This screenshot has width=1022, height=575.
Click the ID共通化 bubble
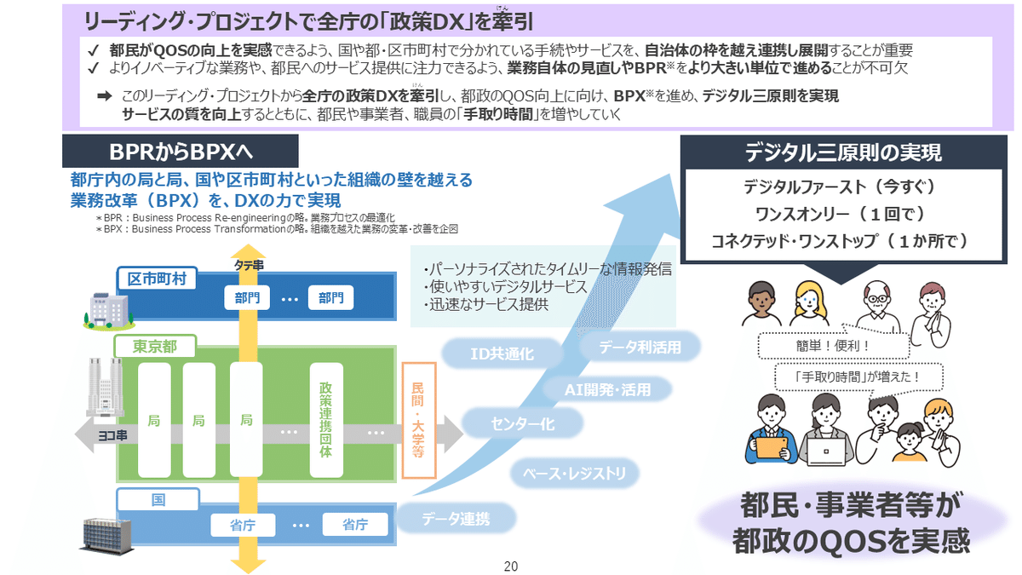502,354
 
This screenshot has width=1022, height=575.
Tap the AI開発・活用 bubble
607,389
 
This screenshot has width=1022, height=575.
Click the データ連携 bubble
456,519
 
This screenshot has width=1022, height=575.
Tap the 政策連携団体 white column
325,420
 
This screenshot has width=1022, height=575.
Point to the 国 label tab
158,499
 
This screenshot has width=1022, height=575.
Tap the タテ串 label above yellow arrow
249,266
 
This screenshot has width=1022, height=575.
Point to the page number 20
511,566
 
